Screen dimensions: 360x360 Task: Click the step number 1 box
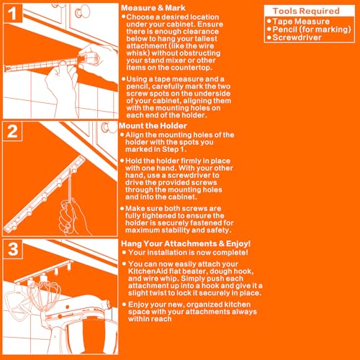click(13, 13)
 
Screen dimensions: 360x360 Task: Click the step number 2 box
click(12, 131)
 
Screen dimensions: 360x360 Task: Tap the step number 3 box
click(13, 249)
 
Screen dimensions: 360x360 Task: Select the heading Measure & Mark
click(153, 8)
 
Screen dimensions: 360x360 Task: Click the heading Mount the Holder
click(153, 126)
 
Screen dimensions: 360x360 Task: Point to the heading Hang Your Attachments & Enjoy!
click(186, 243)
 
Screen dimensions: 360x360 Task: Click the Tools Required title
click(306, 11)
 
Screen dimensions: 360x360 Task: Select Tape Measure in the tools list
click(301, 22)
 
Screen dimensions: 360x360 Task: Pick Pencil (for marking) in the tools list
click(312, 30)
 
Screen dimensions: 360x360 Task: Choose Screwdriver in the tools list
click(297, 37)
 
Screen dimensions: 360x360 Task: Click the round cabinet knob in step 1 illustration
click(83, 12)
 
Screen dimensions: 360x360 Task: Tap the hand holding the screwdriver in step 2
click(72, 217)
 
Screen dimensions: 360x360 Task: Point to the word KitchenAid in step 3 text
click(148, 271)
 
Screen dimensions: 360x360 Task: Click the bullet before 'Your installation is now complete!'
click(124, 252)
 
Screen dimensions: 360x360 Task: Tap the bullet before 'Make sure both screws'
click(122, 208)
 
